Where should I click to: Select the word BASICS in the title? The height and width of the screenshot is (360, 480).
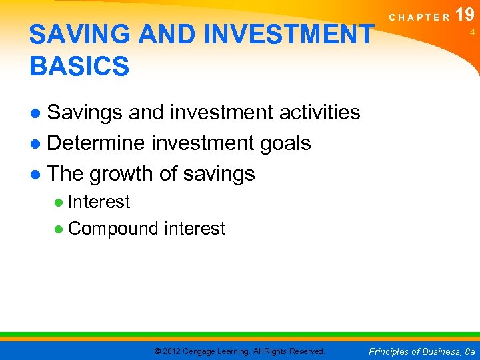79,66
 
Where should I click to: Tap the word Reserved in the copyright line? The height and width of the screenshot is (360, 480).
307,351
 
